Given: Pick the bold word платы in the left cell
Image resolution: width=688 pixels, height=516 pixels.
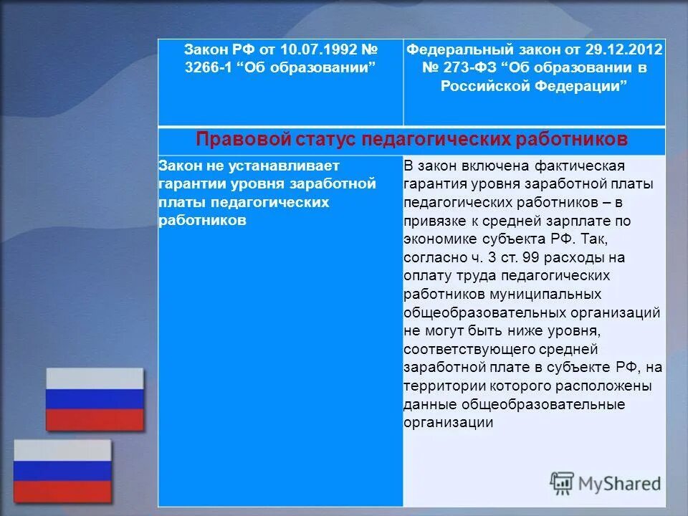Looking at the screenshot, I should (x=176, y=202).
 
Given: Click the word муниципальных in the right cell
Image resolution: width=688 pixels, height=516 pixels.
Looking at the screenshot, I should (x=551, y=294).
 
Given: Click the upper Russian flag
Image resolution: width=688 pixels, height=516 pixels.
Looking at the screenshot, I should (x=95, y=398).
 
